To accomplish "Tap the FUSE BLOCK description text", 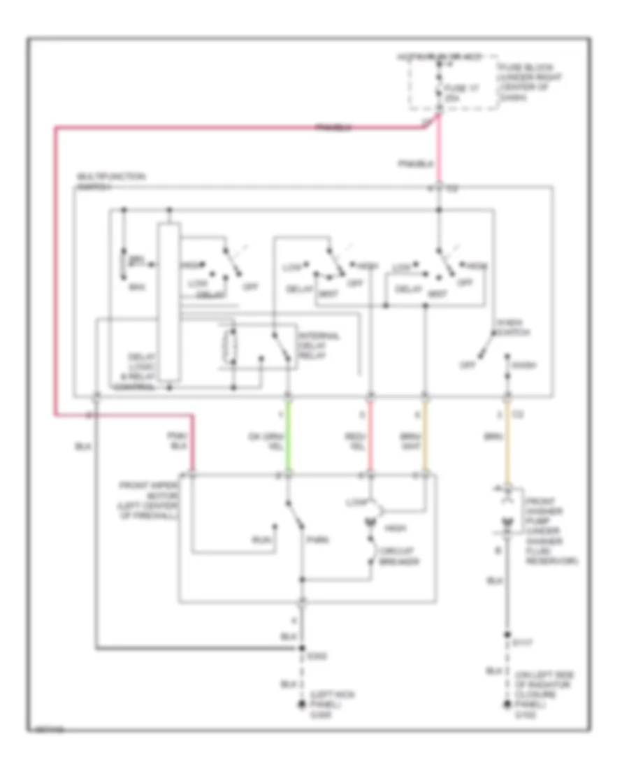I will pos(521,82).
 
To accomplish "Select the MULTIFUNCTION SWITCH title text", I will pos(111,181).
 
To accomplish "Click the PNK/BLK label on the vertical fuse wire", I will pos(426,164).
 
